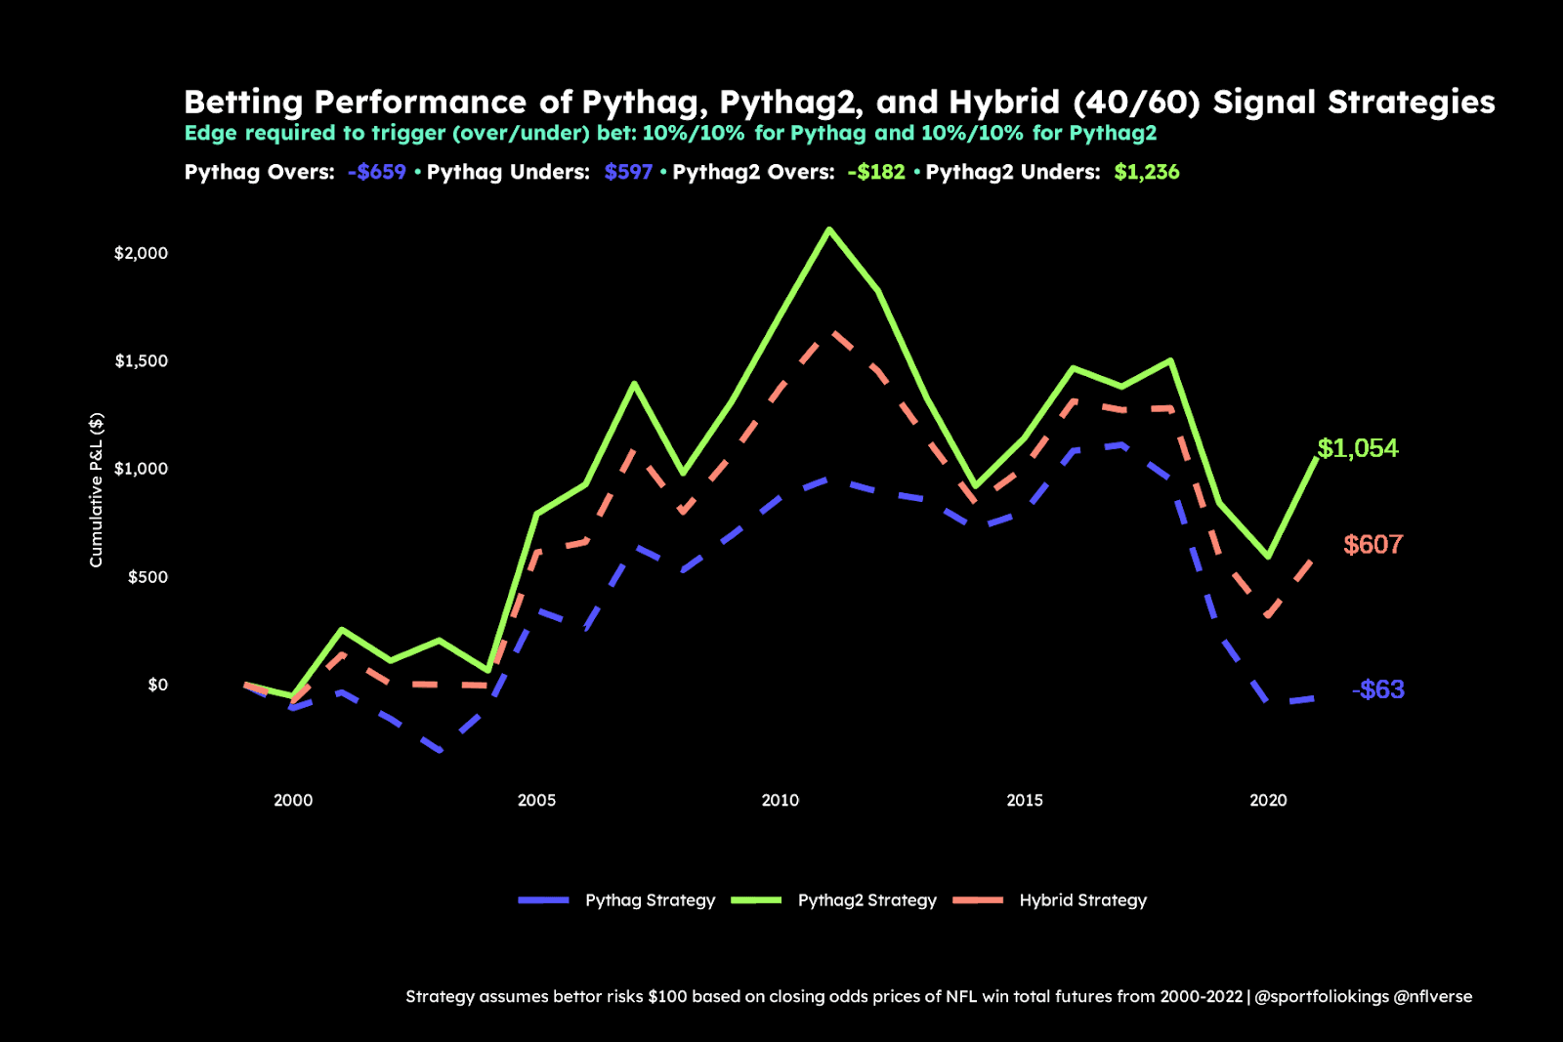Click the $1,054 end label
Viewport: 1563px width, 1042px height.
(1357, 448)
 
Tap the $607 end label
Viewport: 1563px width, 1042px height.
(1373, 545)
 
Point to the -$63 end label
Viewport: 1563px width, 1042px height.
(1377, 689)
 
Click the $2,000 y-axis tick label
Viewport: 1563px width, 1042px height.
(141, 253)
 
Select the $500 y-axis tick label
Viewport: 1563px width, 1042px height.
(148, 577)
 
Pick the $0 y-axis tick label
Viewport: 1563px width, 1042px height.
(157, 685)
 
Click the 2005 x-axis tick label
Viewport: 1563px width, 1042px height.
(536, 801)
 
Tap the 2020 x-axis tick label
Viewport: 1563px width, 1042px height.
(1268, 801)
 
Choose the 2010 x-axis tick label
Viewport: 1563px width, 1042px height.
(780, 801)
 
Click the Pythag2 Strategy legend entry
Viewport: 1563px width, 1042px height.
(866, 900)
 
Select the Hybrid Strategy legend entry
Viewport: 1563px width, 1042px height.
(1082, 900)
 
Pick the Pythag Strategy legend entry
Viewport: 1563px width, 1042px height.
(650, 900)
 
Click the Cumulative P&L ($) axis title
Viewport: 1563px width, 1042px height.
(96, 489)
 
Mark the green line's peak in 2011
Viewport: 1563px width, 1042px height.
(829, 229)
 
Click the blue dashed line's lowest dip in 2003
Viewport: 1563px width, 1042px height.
(440, 751)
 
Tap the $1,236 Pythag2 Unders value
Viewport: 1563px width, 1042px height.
(1146, 173)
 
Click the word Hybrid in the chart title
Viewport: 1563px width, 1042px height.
(1004, 103)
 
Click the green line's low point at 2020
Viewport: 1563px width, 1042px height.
(1268, 557)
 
